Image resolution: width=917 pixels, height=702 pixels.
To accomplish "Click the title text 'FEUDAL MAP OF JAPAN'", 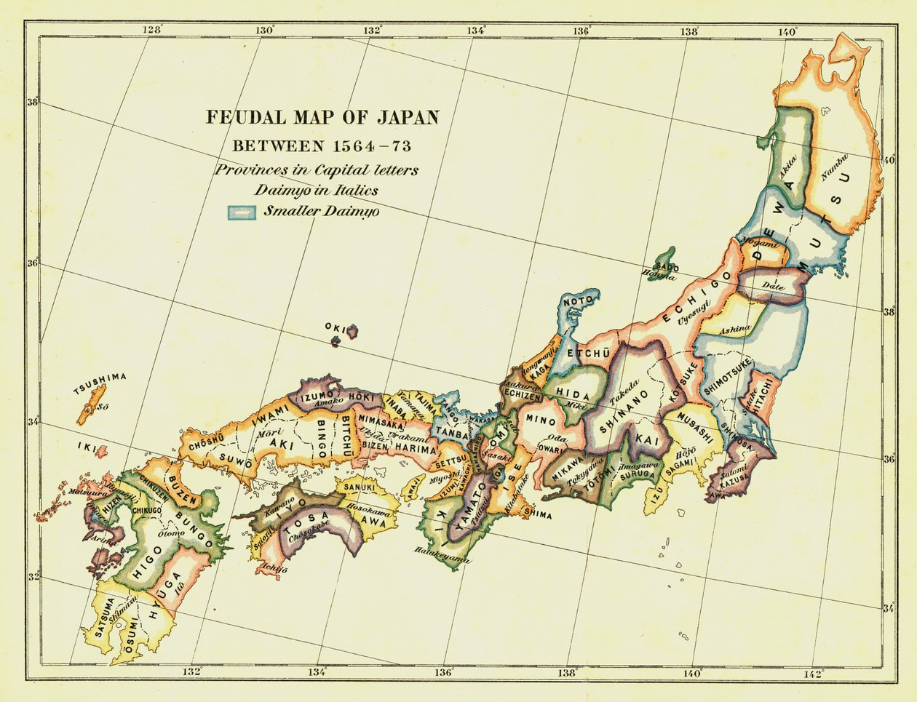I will (x=322, y=117).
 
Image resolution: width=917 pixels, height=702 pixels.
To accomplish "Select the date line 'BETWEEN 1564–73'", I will (x=322, y=146).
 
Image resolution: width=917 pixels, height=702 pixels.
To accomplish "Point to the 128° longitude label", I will (x=152, y=30).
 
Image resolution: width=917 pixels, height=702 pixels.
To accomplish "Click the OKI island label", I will (x=333, y=327).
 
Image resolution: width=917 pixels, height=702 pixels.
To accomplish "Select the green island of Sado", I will (x=664, y=260).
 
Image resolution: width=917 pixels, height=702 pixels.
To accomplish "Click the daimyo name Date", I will (x=774, y=288).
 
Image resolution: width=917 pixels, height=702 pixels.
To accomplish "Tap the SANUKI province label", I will (x=359, y=487).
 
